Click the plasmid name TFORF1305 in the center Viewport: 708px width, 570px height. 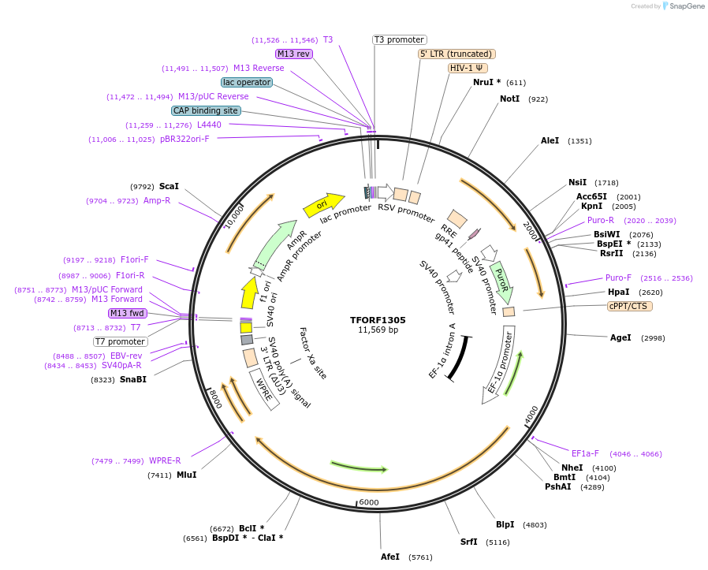[378, 320]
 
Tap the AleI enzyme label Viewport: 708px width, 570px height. [550, 140]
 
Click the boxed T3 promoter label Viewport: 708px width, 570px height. [399, 39]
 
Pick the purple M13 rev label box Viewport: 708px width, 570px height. [294, 54]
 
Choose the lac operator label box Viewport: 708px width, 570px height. [247, 82]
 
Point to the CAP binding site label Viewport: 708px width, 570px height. [206, 110]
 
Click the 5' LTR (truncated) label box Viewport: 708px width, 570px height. [456, 54]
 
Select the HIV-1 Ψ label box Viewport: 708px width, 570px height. [467, 68]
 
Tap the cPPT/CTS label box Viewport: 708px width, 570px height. [629, 306]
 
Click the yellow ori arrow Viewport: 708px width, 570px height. [324, 205]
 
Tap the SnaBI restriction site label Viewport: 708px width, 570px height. [132, 379]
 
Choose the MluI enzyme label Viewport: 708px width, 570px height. [186, 475]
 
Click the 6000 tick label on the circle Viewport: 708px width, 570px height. [369, 502]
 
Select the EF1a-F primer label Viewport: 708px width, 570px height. [585, 453]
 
